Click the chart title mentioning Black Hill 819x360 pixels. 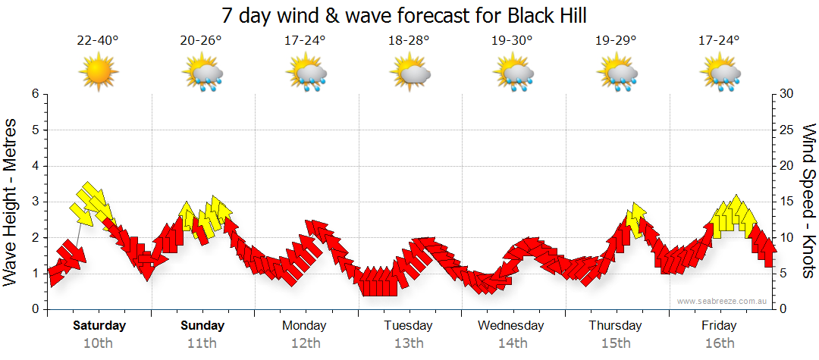pos(405,15)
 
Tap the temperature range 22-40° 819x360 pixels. pos(98,41)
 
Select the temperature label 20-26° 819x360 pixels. pos(202,41)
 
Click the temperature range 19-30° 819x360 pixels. pos(512,41)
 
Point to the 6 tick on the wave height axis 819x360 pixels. pos(34,94)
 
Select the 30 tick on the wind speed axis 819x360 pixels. pos(787,94)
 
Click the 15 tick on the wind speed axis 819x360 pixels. pos(787,202)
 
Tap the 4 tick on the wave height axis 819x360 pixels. pos(34,166)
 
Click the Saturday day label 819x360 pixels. pos(99,326)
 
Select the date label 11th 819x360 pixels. pos(202,343)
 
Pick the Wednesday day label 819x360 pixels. pos(511,326)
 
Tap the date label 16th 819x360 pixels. pos(719,343)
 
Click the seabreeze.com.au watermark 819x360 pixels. pos(723,301)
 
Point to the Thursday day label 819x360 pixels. pos(615,326)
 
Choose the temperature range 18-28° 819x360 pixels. pos(409,41)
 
